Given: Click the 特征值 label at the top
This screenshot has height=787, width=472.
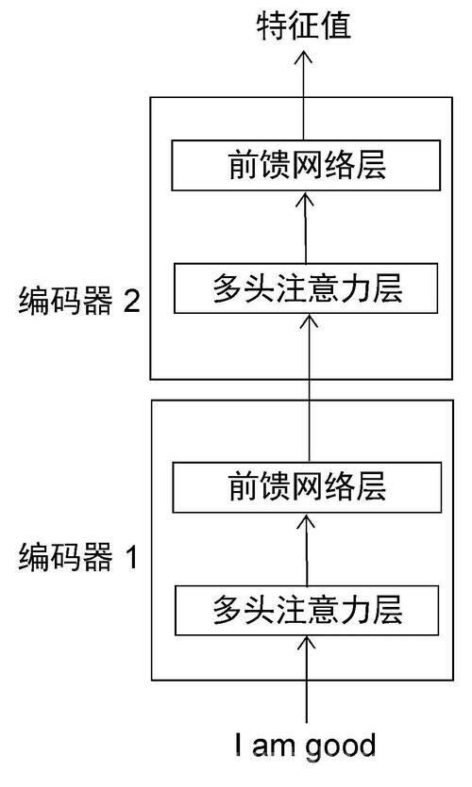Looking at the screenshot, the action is tap(304, 26).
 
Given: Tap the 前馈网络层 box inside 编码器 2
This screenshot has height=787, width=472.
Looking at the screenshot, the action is tap(306, 166).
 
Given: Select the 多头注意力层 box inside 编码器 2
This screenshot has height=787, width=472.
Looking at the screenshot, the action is tap(306, 288).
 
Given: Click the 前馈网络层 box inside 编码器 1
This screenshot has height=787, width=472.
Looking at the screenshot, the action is tap(307, 487).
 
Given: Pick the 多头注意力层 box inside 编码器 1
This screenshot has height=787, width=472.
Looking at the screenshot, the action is tap(307, 611).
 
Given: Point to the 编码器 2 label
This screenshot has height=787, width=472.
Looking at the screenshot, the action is tap(79, 302).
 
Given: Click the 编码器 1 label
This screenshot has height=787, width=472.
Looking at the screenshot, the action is tap(78, 557).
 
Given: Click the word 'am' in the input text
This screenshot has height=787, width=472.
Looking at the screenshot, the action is tap(275, 746).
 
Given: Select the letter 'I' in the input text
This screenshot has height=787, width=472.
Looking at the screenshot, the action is tap(238, 745).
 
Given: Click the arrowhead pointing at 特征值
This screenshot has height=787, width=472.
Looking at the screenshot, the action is tap(303, 57).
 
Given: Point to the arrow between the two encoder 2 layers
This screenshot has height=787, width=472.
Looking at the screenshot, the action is tap(305, 227).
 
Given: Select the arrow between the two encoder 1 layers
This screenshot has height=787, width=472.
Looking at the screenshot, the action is tap(306, 549).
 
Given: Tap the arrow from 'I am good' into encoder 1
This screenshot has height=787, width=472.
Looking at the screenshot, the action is tap(306, 680).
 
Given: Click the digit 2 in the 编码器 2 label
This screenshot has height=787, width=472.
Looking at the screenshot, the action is tap(132, 302).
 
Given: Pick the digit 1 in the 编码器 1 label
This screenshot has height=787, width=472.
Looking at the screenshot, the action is tap(132, 557).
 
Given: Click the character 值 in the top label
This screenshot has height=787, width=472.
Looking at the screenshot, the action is tap(335, 26).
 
